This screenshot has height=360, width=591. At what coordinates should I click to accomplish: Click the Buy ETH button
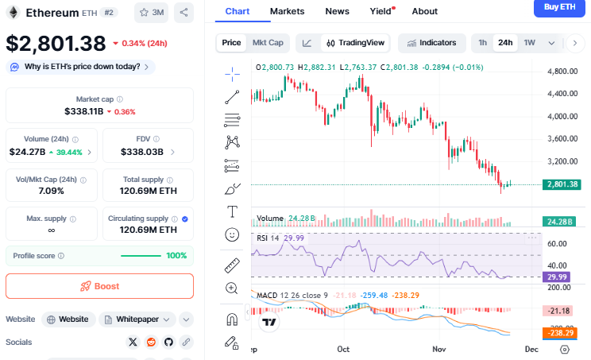pyautogui.click(x=560, y=8)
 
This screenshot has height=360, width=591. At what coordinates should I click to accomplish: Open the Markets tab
pyautogui.click(x=287, y=11)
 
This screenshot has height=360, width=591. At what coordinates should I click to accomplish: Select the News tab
pyautogui.click(x=337, y=11)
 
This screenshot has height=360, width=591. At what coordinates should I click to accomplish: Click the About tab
pyautogui.click(x=425, y=11)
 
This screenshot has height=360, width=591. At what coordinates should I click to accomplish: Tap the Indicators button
pyautogui.click(x=432, y=43)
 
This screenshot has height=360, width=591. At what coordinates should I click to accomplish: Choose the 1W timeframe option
pyautogui.click(x=529, y=43)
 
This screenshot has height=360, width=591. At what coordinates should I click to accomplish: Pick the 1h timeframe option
pyautogui.click(x=481, y=43)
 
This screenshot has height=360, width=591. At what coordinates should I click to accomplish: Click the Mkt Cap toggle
pyautogui.click(x=268, y=43)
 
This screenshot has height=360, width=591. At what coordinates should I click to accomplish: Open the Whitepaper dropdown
pyautogui.click(x=140, y=319)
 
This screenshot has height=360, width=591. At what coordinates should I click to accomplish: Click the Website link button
pyautogui.click(x=68, y=319)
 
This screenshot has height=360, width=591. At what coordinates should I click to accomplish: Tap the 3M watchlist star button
pyautogui.click(x=151, y=13)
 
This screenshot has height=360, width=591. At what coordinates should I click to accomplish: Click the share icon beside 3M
pyautogui.click(x=183, y=13)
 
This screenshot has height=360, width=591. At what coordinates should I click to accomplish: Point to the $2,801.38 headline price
pyautogui.click(x=56, y=43)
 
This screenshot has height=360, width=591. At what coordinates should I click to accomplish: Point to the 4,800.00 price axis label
pyautogui.click(x=564, y=72)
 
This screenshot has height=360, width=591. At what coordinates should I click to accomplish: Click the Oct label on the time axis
pyautogui.click(x=343, y=349)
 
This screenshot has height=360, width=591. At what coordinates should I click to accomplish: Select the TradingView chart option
pyautogui.click(x=355, y=43)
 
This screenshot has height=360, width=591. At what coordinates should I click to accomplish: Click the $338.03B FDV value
pyautogui.click(x=142, y=152)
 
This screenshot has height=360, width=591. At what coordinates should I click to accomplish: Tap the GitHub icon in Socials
pyautogui.click(x=168, y=342)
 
